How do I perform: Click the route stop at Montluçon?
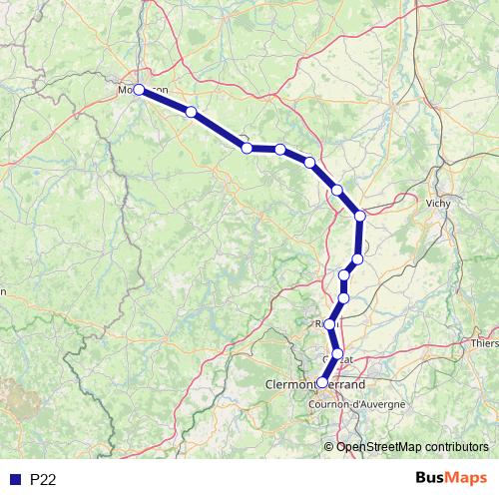[138, 90]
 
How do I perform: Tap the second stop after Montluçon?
[247, 148]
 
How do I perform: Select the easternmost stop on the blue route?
[360, 215]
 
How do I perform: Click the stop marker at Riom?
[329, 324]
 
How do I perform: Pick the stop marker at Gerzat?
[337, 354]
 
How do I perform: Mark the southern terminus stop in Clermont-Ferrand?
[321, 382]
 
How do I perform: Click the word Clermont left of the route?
[288, 383]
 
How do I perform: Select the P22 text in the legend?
[43, 480]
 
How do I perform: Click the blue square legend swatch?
[15, 480]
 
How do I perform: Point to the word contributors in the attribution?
[457, 446]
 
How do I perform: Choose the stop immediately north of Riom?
[344, 297]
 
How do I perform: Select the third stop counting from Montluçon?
[280, 150]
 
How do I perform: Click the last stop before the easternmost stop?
[337, 190]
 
